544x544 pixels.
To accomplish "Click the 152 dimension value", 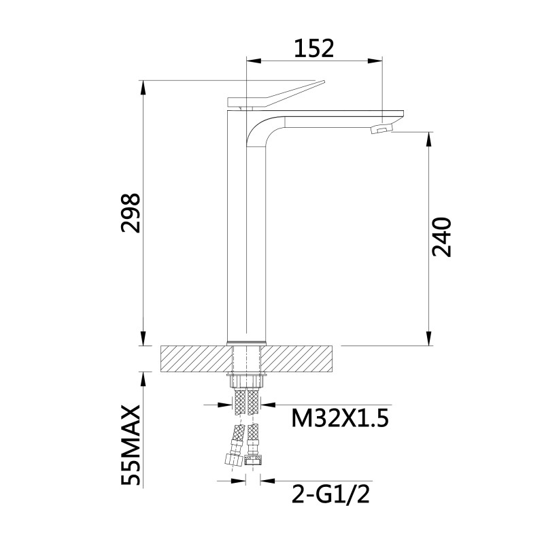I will coord(313,48).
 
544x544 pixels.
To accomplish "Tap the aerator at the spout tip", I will coord(384,128).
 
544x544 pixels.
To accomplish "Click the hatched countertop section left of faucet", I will coord(194,358).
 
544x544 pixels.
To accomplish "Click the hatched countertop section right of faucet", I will coord(302,358).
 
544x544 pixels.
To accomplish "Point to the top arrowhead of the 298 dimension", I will coord(144,87).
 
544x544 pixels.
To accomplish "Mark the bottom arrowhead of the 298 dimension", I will coord(144,340).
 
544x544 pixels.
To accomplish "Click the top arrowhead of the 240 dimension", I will coord(428,139).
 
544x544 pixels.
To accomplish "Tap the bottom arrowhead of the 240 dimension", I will coord(428,340).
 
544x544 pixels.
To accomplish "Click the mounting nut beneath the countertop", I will coord(246,378).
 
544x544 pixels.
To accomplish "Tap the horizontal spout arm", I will coord(333,117).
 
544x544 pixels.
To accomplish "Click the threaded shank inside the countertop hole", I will coord(246,358).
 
